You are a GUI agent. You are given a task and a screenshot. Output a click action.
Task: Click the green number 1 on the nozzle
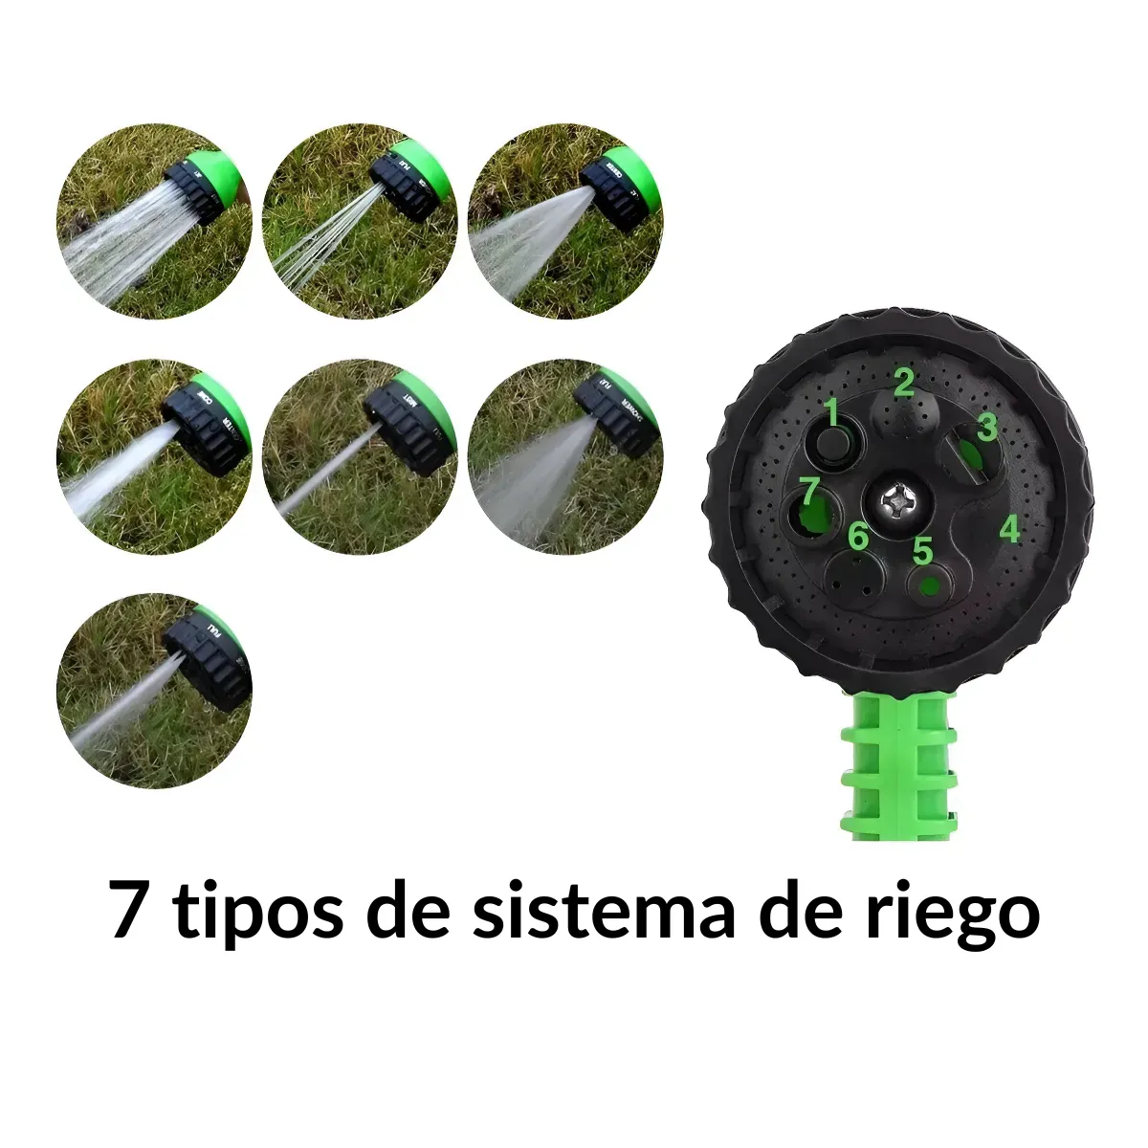(x=831, y=413)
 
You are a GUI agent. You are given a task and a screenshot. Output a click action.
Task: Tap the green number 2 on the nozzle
(x=903, y=383)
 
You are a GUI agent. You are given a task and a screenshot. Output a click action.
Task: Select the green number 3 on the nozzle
(x=987, y=427)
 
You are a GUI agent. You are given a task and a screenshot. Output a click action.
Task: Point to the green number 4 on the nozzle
(x=1009, y=528)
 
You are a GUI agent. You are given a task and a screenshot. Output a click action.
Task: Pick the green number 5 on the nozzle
(x=922, y=551)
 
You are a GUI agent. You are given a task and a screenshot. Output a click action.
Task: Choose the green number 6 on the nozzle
(x=858, y=537)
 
